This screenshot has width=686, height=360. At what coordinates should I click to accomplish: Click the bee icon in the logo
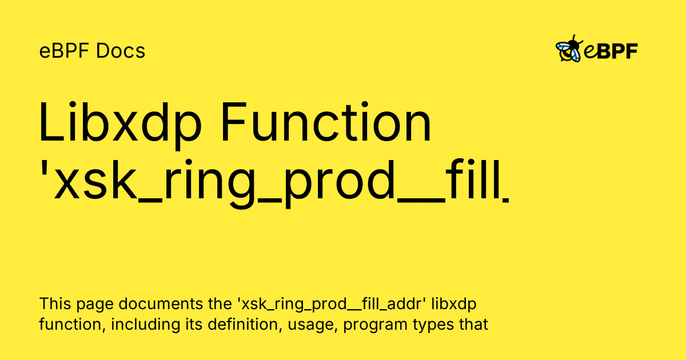tap(569, 50)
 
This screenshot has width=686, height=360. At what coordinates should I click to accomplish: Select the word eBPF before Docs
tap(65, 51)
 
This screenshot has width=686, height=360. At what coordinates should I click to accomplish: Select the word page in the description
tap(91, 304)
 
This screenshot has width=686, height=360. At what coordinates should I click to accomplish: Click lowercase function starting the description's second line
tap(71, 325)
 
